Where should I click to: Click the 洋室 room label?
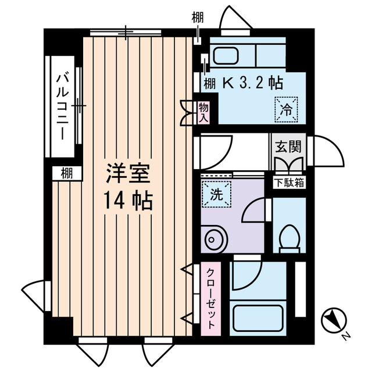pos(128,174)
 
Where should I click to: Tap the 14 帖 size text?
pos(128,201)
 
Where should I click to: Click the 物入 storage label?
pos(203,112)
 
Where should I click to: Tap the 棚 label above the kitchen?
pos(198,18)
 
